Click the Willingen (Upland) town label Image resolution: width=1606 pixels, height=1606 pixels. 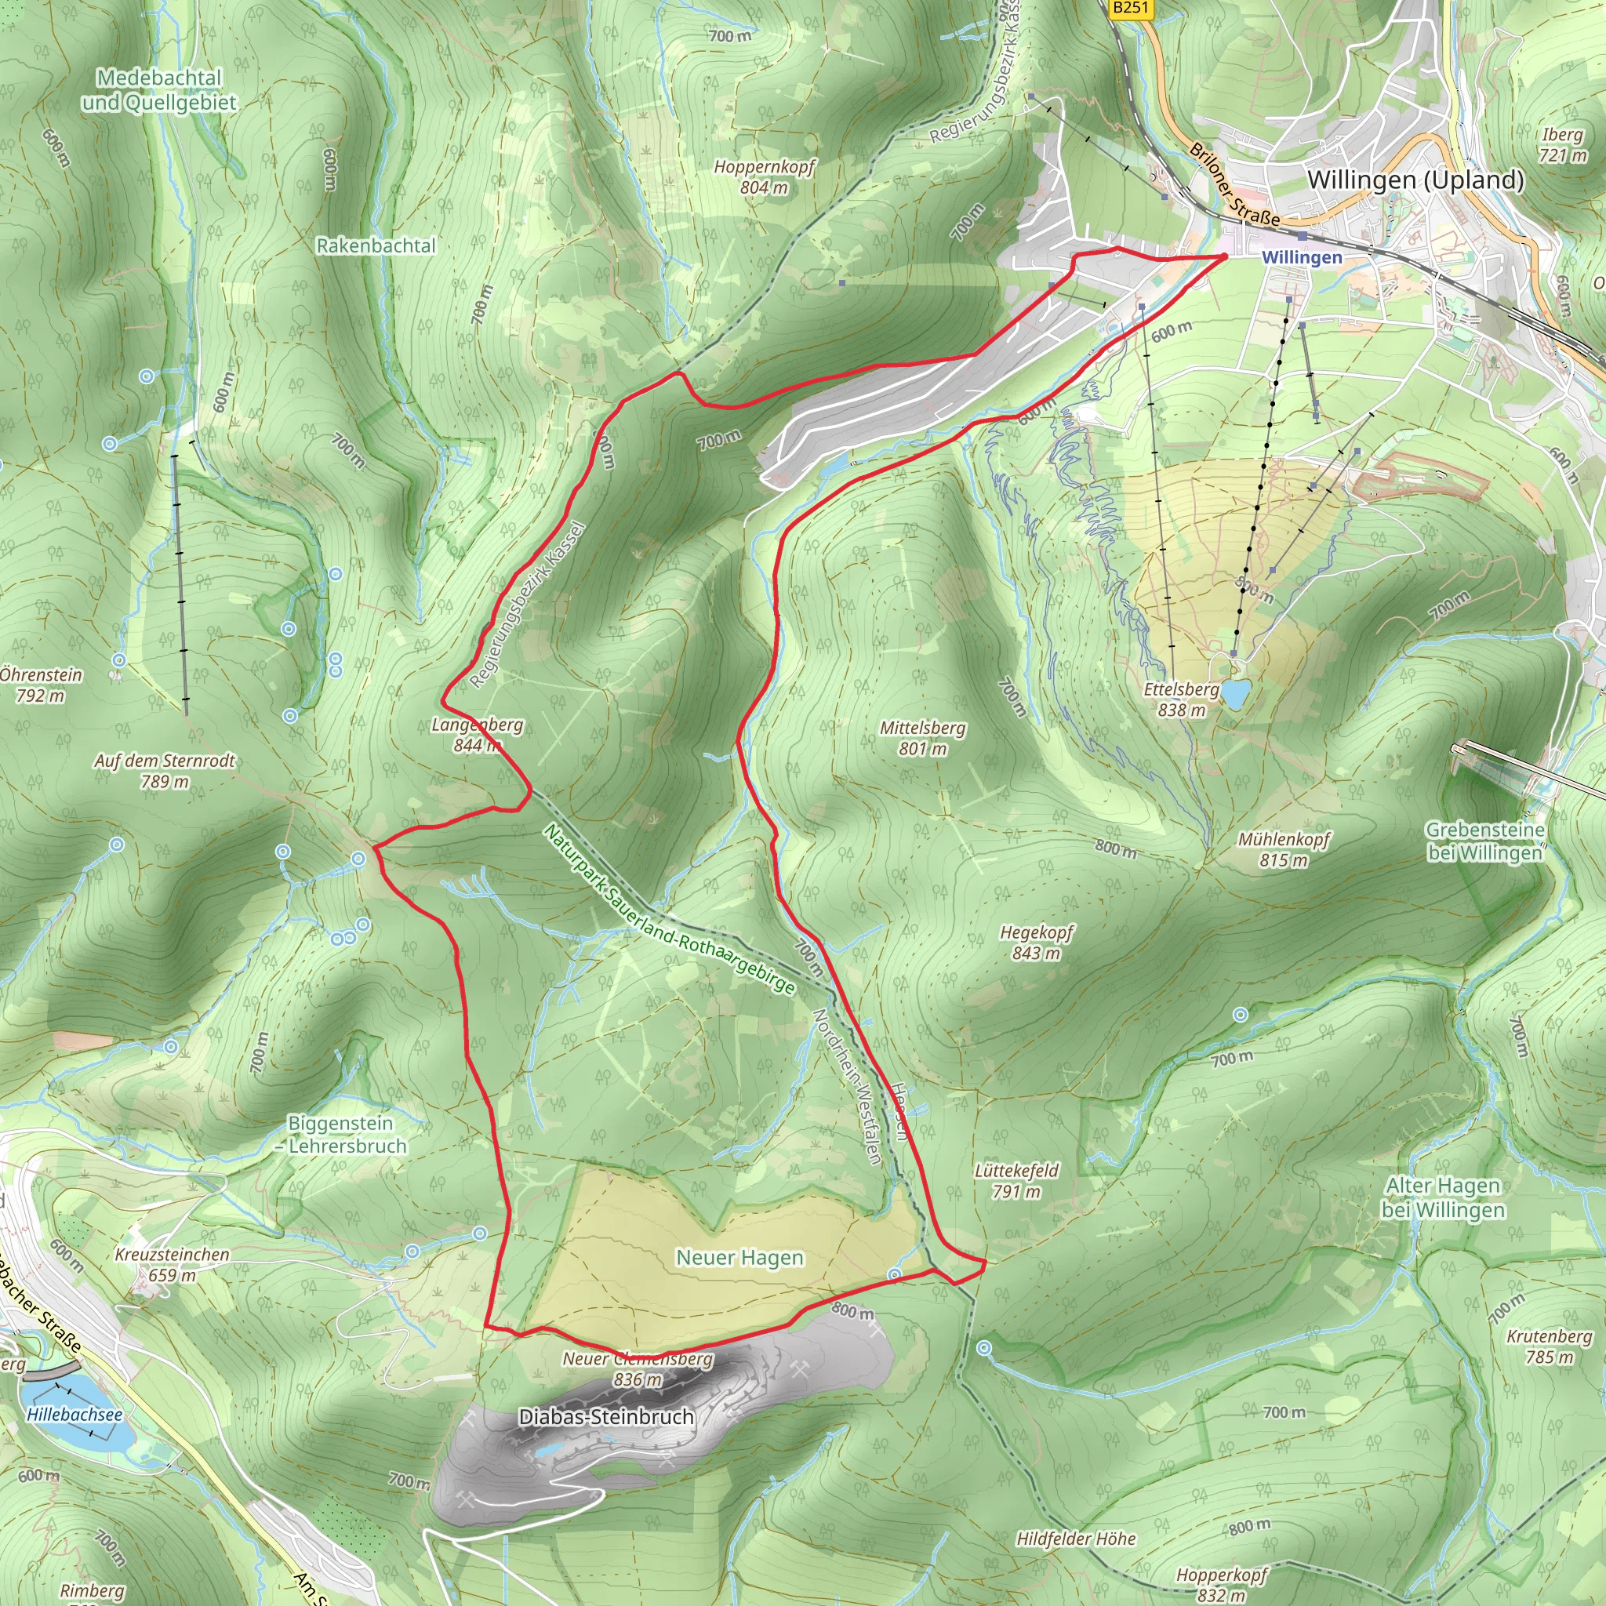point(1415,180)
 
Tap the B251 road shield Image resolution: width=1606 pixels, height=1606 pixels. point(1130,9)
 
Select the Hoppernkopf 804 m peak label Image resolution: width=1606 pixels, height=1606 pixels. point(764,177)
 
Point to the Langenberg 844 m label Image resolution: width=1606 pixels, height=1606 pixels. point(477,735)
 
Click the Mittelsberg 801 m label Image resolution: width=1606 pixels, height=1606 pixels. point(923,738)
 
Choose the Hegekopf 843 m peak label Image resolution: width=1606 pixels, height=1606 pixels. point(1036,943)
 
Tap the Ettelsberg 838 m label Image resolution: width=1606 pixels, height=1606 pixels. point(1180,699)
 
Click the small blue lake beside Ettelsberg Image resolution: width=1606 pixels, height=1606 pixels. point(1235,694)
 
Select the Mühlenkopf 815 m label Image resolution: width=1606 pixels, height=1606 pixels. point(1284,849)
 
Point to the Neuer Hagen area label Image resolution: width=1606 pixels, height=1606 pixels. point(739,1258)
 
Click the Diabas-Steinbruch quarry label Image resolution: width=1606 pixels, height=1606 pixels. point(606,1416)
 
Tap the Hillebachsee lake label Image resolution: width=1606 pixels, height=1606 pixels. point(74,1414)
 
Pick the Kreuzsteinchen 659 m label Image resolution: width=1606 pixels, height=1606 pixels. point(172,1264)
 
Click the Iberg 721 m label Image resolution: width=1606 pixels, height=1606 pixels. point(1563,144)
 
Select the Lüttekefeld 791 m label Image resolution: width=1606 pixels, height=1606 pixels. point(1016,1180)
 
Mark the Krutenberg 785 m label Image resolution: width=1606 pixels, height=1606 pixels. point(1549,1346)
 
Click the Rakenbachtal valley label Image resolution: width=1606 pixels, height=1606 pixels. point(376,246)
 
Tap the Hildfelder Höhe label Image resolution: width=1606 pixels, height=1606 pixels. point(1076,1539)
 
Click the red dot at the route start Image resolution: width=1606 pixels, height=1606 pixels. point(1223,256)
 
